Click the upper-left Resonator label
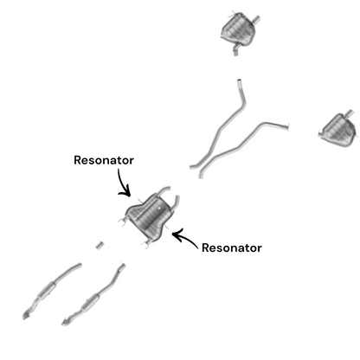click(104, 160)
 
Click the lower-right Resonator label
click(232, 247)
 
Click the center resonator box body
click(149, 215)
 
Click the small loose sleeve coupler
click(100, 246)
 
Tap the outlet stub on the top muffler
click(256, 19)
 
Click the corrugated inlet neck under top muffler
click(235, 51)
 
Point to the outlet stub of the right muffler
click(350, 113)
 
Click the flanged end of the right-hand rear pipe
click(286, 126)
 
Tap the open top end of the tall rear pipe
click(239, 81)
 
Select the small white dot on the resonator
click(159, 208)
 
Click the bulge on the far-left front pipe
click(46, 290)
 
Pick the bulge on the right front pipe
click(91, 301)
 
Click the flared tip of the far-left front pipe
click(26, 316)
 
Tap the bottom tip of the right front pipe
click(65, 324)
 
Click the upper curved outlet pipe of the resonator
click(163, 190)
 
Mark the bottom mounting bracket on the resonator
click(146, 243)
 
